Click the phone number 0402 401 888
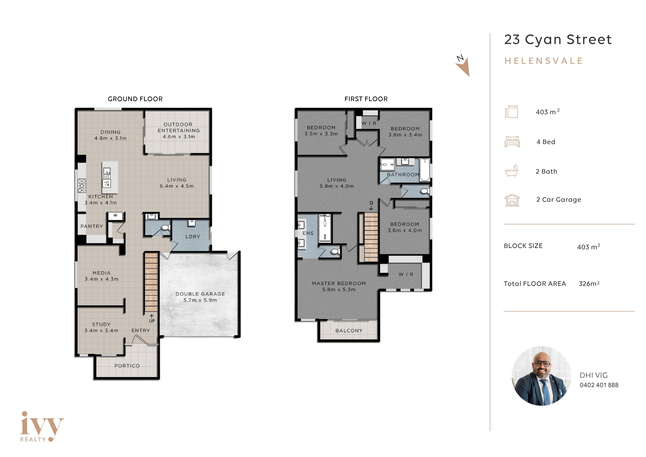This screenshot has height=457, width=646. coord(599,385)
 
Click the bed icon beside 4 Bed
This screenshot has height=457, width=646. coord(512,142)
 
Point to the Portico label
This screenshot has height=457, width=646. coord(127,366)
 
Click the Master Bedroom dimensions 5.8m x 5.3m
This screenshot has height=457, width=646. coord(339,290)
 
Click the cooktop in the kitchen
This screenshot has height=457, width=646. coord(82,186)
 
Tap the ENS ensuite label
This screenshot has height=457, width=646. coord(308,233)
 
